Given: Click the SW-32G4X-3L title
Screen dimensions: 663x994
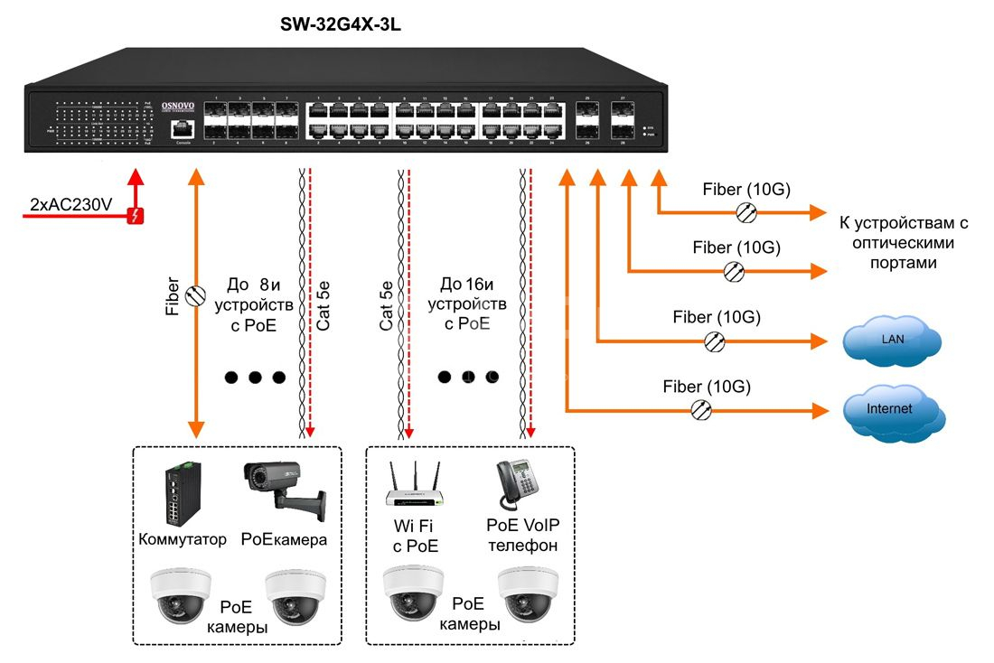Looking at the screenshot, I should pos(341,25).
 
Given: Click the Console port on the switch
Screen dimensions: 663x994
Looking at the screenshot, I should pos(184,131).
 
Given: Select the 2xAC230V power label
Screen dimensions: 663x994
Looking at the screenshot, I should pos(70,205).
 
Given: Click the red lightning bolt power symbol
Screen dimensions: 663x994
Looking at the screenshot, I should pos(136,215).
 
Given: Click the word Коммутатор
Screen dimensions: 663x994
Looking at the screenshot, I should pos(183,539).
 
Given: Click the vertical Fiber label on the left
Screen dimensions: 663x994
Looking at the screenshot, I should pos(173,295).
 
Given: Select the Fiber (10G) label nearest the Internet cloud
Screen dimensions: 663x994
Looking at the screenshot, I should pos(707,387).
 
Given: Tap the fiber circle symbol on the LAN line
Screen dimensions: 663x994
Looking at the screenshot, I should pos(715,341).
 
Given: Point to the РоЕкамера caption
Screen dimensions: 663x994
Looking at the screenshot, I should pos(284,539).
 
